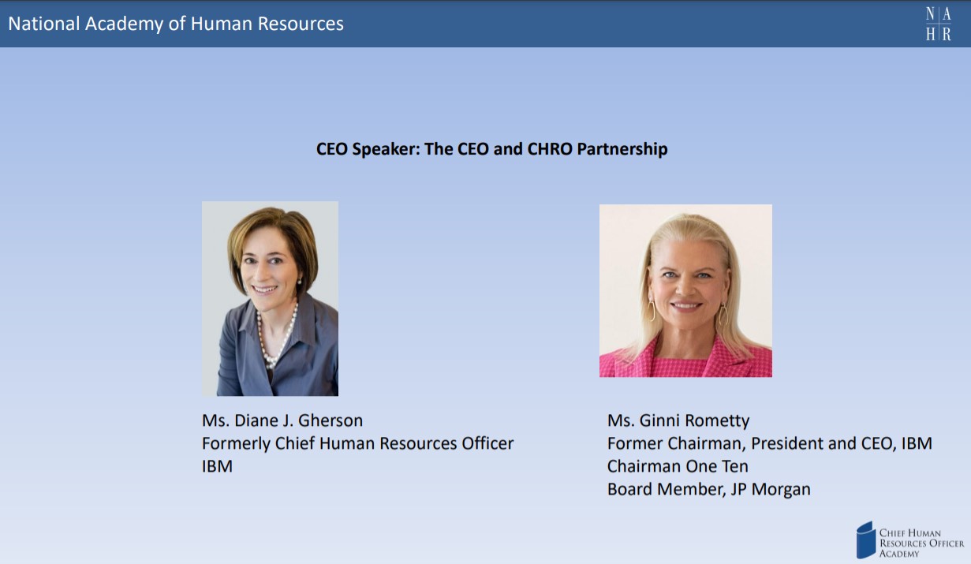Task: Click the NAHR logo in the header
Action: point(939,24)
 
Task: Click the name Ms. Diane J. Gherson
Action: point(282,420)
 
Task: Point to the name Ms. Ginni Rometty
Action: point(678,420)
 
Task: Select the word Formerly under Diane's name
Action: point(237,444)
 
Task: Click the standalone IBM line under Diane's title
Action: point(217,466)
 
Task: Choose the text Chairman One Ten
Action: point(678,466)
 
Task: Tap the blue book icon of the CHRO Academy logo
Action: point(866,540)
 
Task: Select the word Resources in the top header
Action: point(301,24)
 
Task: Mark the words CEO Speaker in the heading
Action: point(368,150)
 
